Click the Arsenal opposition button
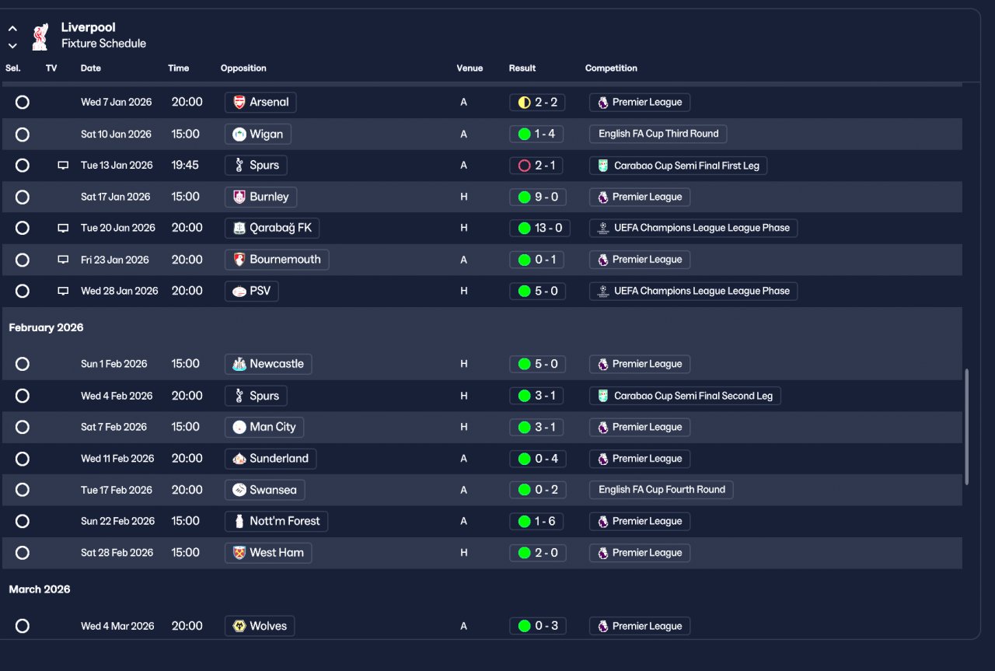[260, 103]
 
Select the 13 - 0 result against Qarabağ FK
[537, 229]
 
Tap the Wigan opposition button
[258, 135]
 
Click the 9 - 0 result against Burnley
[537, 197]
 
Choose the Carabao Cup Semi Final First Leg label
[678, 166]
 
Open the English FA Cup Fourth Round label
[661, 490]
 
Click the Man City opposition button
[264, 428]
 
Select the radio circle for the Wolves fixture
[23, 627]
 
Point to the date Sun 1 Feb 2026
[113, 365]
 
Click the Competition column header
[611, 68]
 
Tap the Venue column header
[470, 68]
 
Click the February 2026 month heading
[46, 328]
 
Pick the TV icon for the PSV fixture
[63, 292]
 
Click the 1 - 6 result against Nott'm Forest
[537, 522]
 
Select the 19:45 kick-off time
[185, 166]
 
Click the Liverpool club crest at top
[40, 36]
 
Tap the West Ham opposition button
[268, 553]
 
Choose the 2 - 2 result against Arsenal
[537, 103]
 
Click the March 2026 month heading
[40, 590]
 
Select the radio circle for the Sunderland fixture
[23, 460]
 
